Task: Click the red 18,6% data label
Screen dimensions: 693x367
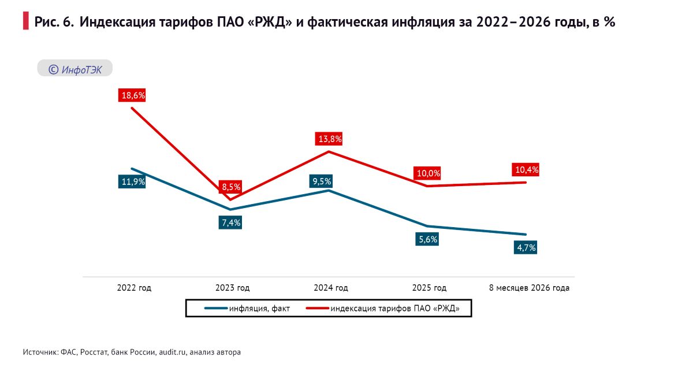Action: point(132,95)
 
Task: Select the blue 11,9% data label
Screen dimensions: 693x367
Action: point(132,181)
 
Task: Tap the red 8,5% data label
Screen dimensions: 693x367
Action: point(230,187)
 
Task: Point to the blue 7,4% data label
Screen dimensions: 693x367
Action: point(230,223)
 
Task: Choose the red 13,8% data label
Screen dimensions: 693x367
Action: point(329,139)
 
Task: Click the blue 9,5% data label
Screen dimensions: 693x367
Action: point(321,181)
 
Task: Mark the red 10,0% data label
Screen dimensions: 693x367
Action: point(427,173)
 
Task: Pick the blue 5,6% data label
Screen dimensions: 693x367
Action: point(427,239)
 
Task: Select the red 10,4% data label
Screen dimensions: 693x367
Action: point(526,170)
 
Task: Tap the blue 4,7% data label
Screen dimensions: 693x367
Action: point(526,247)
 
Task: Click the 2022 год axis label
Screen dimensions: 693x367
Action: point(134,288)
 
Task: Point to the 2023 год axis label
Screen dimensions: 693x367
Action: point(232,288)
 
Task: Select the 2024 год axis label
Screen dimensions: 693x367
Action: point(331,288)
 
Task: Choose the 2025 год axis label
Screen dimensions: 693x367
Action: point(429,288)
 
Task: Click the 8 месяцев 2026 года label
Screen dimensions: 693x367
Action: point(529,288)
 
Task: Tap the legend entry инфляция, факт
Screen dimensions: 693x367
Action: point(247,309)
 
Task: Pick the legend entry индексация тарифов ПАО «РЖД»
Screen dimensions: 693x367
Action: point(383,309)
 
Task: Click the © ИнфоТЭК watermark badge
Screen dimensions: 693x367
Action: point(75,68)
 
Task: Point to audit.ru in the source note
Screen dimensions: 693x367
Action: point(172,352)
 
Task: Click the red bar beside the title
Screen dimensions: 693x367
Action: point(25,21)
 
